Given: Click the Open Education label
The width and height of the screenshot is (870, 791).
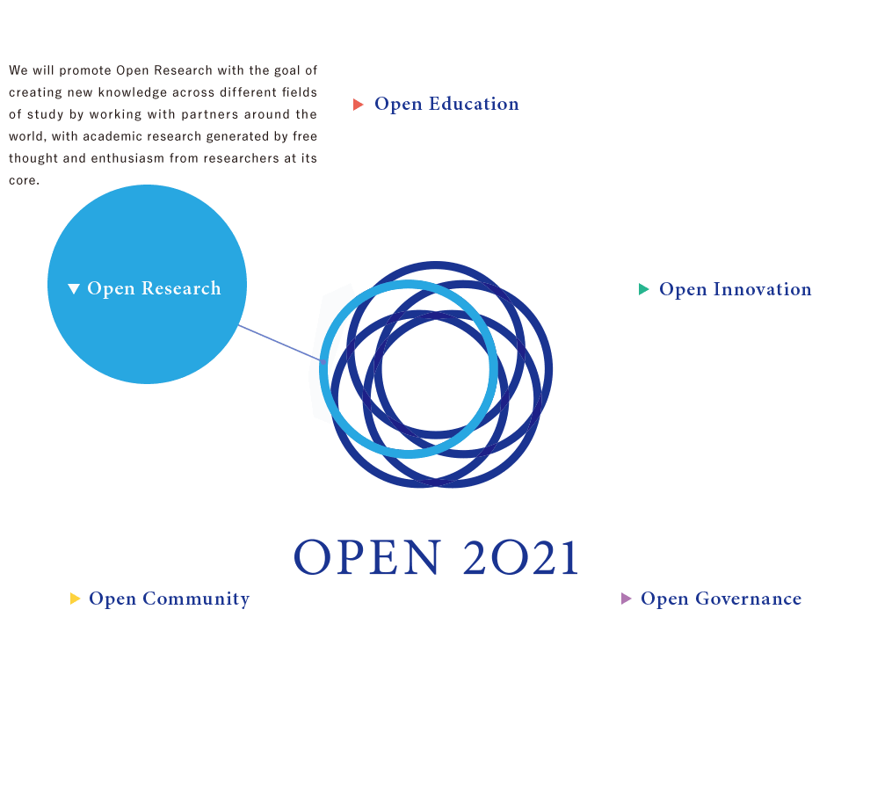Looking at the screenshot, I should (x=446, y=104).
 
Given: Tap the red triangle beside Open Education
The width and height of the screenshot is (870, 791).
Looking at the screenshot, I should (x=358, y=105).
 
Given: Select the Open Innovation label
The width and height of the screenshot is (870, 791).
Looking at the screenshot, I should (x=735, y=289).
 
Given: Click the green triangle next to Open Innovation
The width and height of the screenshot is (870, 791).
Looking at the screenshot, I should (x=643, y=289).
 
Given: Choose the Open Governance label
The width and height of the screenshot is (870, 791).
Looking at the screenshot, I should (x=721, y=599).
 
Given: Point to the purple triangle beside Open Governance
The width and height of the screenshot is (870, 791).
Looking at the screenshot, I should (x=626, y=599).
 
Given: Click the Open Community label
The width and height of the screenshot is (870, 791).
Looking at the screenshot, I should (x=169, y=599).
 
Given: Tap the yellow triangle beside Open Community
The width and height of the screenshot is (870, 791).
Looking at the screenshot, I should (x=75, y=599).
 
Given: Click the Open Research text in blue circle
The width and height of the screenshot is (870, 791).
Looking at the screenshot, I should (x=154, y=288).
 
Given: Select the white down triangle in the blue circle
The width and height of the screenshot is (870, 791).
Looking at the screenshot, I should (x=74, y=288).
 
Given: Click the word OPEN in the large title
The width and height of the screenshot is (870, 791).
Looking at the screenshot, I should (x=367, y=557).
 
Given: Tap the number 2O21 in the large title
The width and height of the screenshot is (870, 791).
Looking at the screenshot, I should (x=520, y=557).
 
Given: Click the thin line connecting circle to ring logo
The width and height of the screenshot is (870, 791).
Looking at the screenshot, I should (x=281, y=343).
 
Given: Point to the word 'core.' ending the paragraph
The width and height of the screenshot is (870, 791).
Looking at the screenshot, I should (x=25, y=180).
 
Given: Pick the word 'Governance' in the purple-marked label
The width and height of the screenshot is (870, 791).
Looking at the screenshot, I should (x=748, y=599).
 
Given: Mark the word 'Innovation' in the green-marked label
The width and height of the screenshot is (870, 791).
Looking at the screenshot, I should (x=762, y=289).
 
